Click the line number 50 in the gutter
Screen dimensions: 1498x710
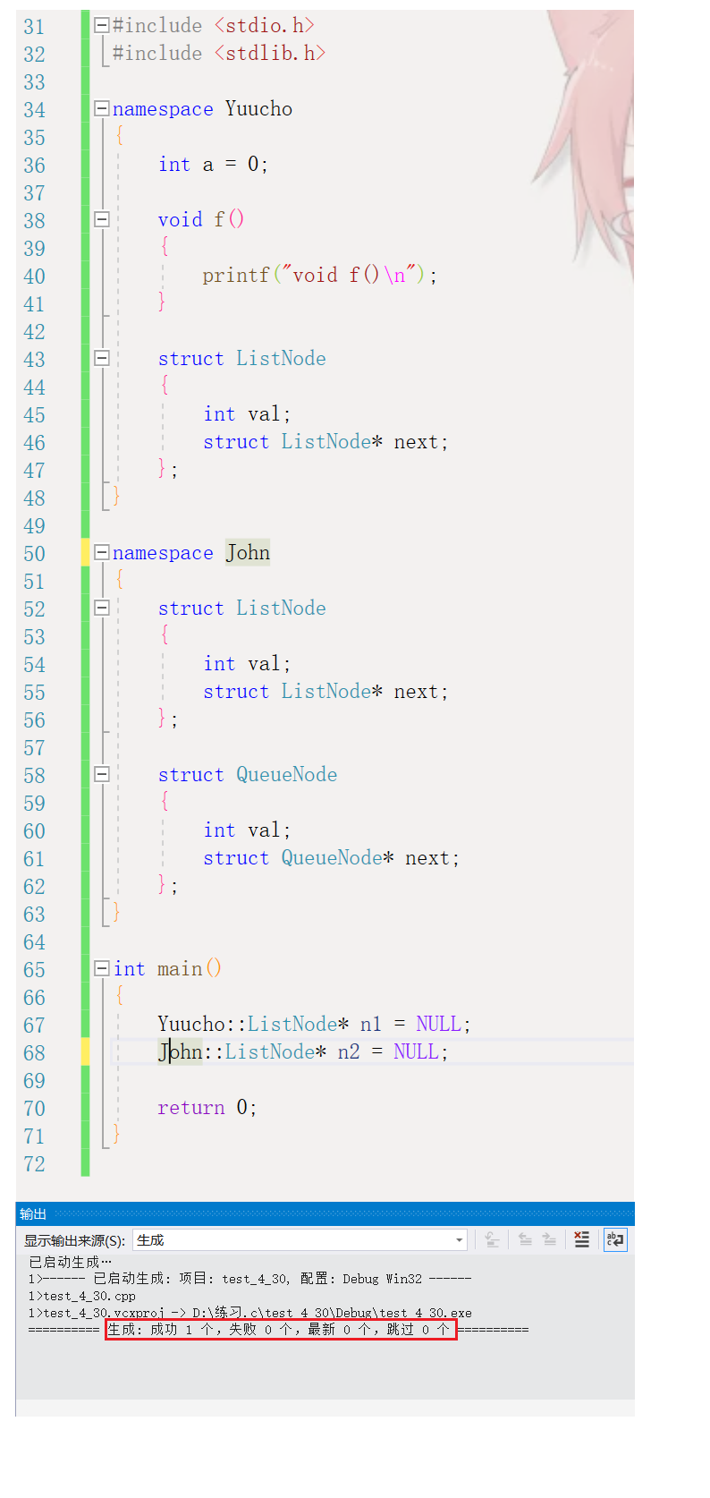click(x=34, y=554)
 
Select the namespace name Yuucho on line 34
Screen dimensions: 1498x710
click(x=258, y=109)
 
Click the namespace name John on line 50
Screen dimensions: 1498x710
click(x=248, y=553)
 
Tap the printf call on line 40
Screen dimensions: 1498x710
click(x=236, y=276)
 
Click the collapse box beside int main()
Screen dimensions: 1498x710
click(x=102, y=968)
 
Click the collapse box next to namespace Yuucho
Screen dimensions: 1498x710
click(x=102, y=109)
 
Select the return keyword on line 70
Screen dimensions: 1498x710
click(x=190, y=1108)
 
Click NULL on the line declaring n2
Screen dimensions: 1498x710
click(x=416, y=1052)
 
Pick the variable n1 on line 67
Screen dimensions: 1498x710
click(x=370, y=1025)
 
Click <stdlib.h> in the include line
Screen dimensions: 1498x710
click(x=270, y=54)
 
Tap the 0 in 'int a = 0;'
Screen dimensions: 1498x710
click(x=253, y=165)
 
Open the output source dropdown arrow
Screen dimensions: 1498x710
click(x=460, y=1240)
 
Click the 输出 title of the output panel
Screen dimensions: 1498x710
click(x=33, y=1214)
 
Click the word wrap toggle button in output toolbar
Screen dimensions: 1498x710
click(x=615, y=1239)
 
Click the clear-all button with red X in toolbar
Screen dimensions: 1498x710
click(x=581, y=1239)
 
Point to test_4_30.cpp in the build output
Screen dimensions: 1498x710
click(x=89, y=1296)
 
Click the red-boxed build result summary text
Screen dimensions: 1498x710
click(x=280, y=1330)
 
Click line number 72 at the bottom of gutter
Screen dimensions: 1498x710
click(x=34, y=1164)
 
